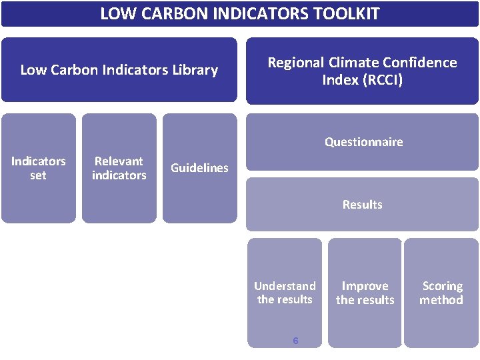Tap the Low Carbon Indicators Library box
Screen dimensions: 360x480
(119, 70)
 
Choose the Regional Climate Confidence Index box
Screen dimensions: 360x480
(362, 71)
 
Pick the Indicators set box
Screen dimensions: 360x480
(39, 168)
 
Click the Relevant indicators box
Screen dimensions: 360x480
(119, 168)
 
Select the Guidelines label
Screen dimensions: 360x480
(199, 168)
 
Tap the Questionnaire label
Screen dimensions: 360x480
(363, 142)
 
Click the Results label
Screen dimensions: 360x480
(362, 205)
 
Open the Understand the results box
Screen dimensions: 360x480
(285, 293)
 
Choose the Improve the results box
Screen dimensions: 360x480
(365, 293)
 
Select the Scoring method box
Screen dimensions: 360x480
(441, 293)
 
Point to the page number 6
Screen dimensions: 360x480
(295, 341)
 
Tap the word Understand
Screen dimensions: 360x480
(285, 286)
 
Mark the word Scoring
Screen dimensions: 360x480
(442, 286)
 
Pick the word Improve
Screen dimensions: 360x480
(365, 286)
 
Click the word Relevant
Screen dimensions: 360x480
(119, 161)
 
